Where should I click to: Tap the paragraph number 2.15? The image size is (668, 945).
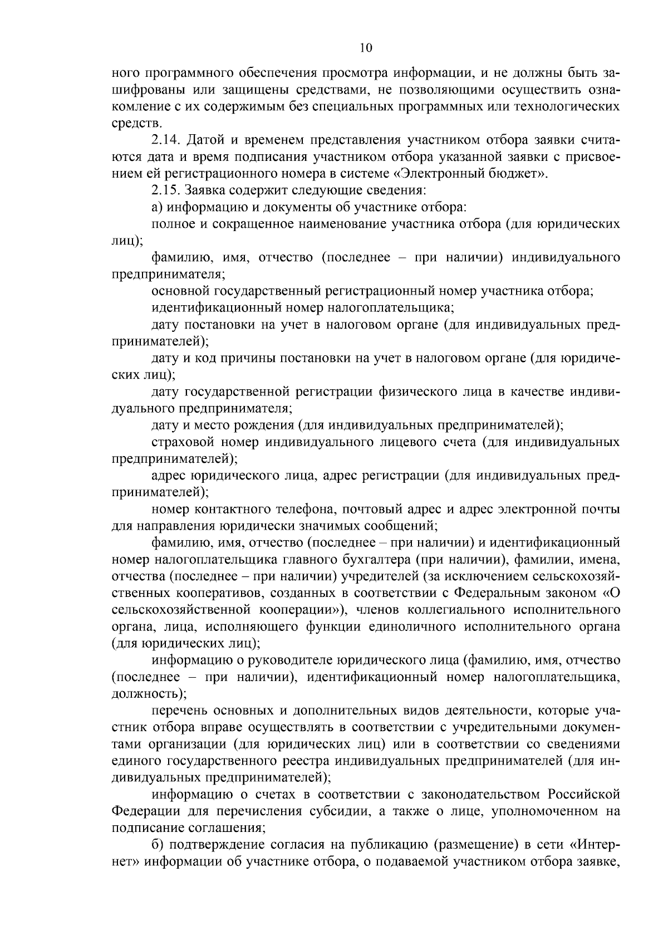tap(165, 190)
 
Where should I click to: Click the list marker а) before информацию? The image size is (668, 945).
tap(156, 207)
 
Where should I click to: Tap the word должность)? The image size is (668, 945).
tap(149, 694)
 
